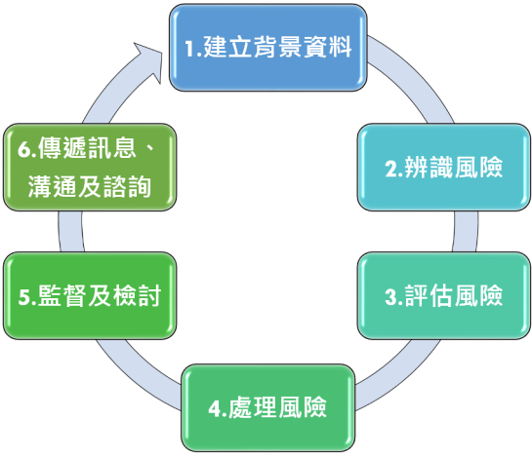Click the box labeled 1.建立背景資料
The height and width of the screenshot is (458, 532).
tap(267, 48)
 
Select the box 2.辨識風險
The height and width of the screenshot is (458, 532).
tap(443, 167)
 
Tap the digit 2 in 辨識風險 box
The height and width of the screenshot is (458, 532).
tap(389, 168)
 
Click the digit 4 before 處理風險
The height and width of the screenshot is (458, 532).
tap(215, 406)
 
